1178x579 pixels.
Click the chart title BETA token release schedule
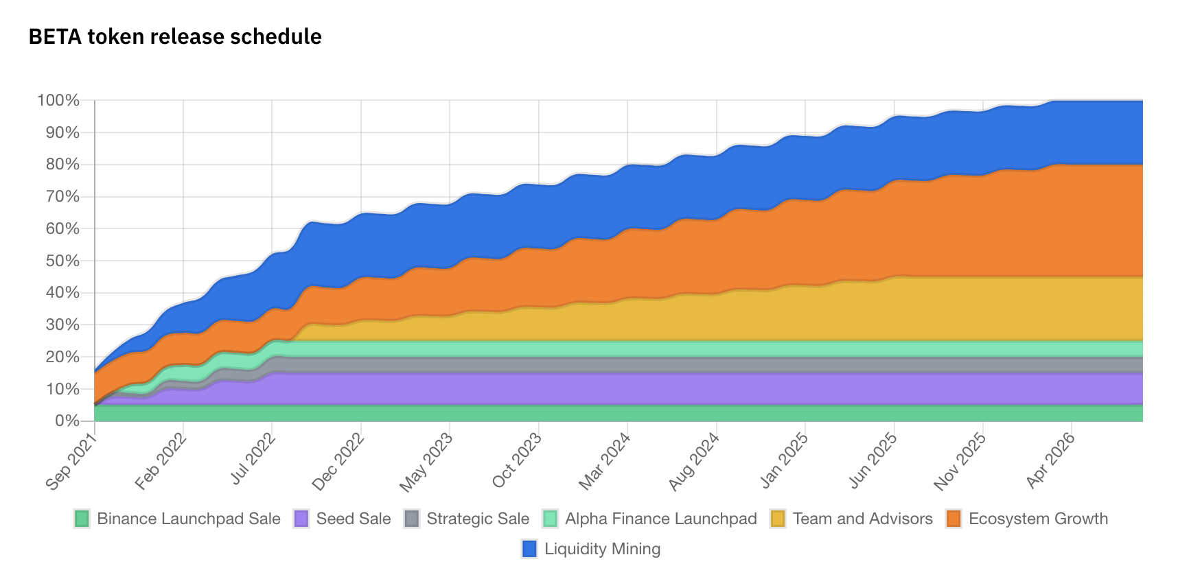[175, 36]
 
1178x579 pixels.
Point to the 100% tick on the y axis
[58, 101]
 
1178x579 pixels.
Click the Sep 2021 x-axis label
[71, 462]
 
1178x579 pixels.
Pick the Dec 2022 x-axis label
[338, 462]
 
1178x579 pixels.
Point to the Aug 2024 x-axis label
[693, 462]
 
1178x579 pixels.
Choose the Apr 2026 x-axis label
[1050, 461]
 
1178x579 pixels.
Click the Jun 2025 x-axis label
[873, 461]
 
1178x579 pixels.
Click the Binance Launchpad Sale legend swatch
[82, 519]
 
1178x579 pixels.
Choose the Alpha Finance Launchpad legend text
[660, 519]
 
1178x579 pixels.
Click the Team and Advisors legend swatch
[778, 519]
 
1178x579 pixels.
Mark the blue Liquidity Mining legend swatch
[529, 549]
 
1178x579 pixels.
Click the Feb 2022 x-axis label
[160, 462]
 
